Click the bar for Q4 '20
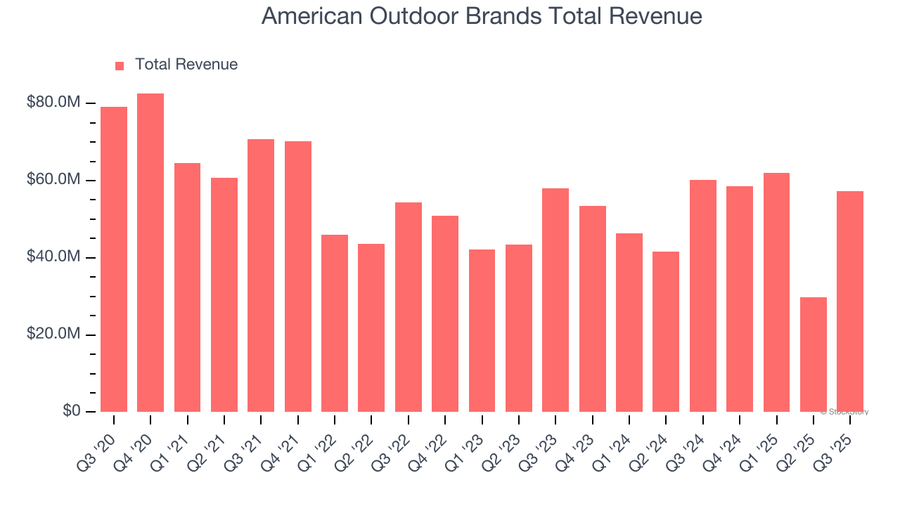pyautogui.click(x=150, y=253)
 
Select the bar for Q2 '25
pyautogui.click(x=813, y=354)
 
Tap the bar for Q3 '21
pyautogui.click(x=261, y=275)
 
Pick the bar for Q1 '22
pyautogui.click(x=335, y=323)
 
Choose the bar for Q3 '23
pyautogui.click(x=555, y=300)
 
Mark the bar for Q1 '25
pyautogui.click(x=776, y=292)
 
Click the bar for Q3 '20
pyautogui.click(x=114, y=259)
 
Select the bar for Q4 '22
pyautogui.click(x=445, y=313)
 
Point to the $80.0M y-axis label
pyautogui.click(x=53, y=103)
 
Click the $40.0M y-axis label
pyautogui.click(x=53, y=257)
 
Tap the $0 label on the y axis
pyautogui.click(x=71, y=411)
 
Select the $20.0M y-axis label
pyautogui.click(x=53, y=334)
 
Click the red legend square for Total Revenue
pyautogui.click(x=120, y=65)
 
